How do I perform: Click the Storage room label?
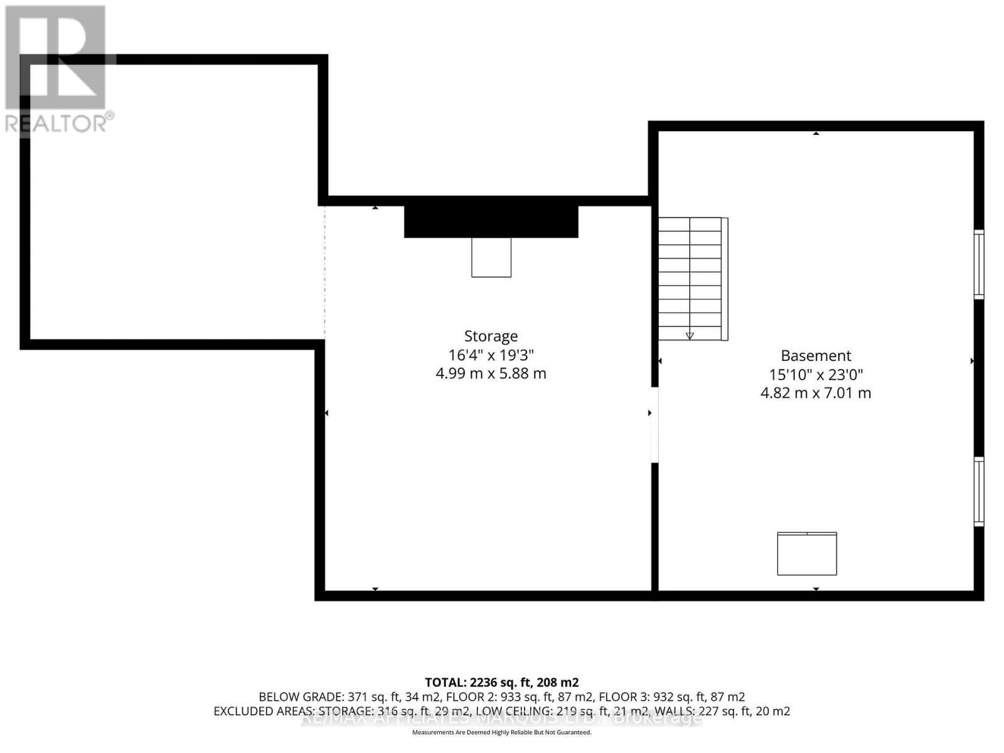tap(491, 336)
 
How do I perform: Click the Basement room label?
tap(816, 356)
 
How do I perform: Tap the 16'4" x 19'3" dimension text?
tap(491, 355)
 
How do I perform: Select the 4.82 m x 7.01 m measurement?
tap(816, 393)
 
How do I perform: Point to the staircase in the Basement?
tap(690, 279)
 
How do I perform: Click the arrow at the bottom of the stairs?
tap(690, 336)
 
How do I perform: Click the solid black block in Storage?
tap(491, 221)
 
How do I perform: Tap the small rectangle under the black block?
tap(491, 257)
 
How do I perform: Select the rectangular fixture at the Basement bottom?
tap(807, 553)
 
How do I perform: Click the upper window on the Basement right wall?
tap(978, 264)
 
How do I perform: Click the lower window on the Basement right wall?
tap(978, 492)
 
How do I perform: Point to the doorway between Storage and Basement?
tap(654, 425)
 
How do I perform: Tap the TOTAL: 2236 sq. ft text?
tap(501, 682)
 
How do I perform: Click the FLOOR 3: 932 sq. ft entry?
tap(671, 697)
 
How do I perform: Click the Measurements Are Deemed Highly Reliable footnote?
tap(501, 732)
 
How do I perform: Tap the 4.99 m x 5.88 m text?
tap(491, 373)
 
